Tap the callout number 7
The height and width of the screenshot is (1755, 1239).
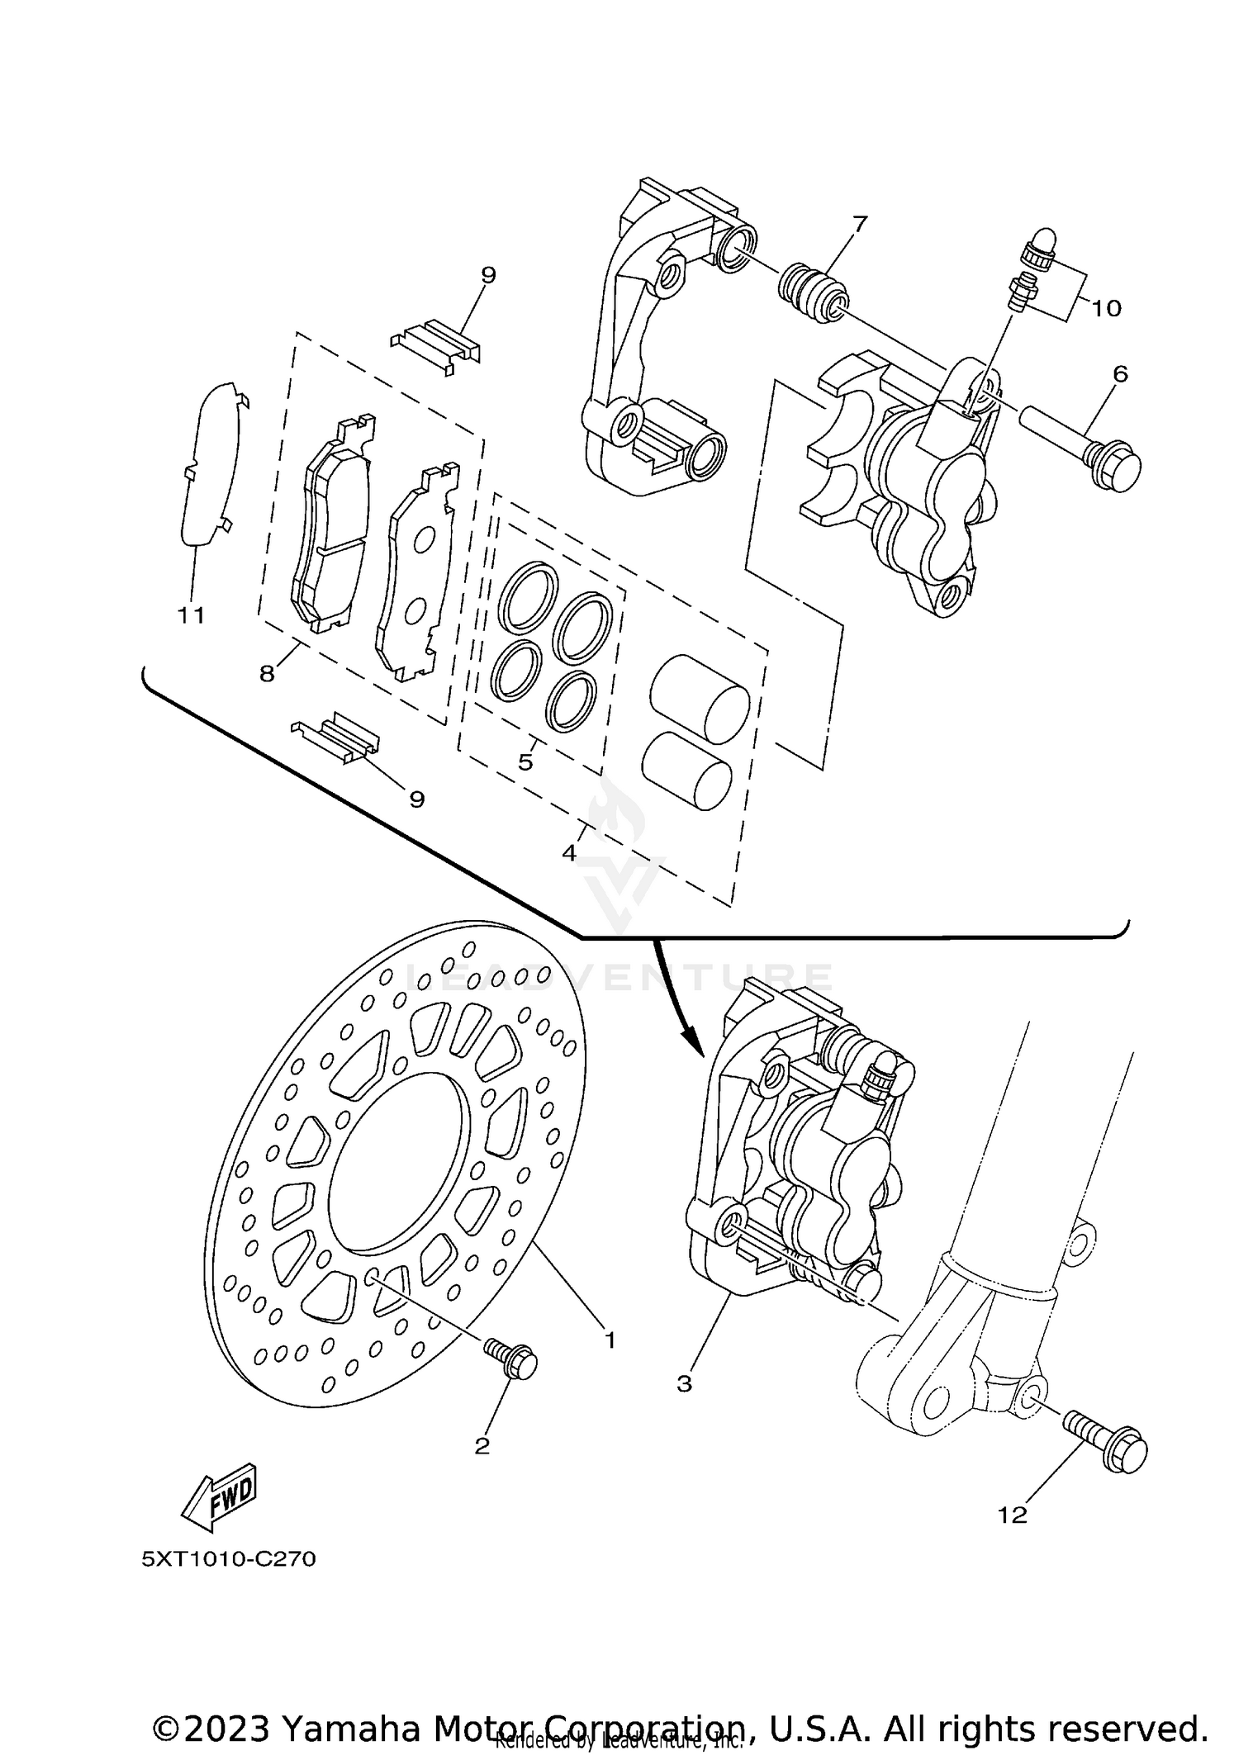[860, 223]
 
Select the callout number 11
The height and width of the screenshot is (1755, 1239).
[191, 615]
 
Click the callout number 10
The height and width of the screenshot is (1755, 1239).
[1106, 309]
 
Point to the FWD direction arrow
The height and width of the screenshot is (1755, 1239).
[219, 1494]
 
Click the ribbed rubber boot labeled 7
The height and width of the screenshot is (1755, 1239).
[814, 292]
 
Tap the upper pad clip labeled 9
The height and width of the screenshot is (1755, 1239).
[436, 344]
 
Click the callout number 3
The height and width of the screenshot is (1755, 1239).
[684, 1384]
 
